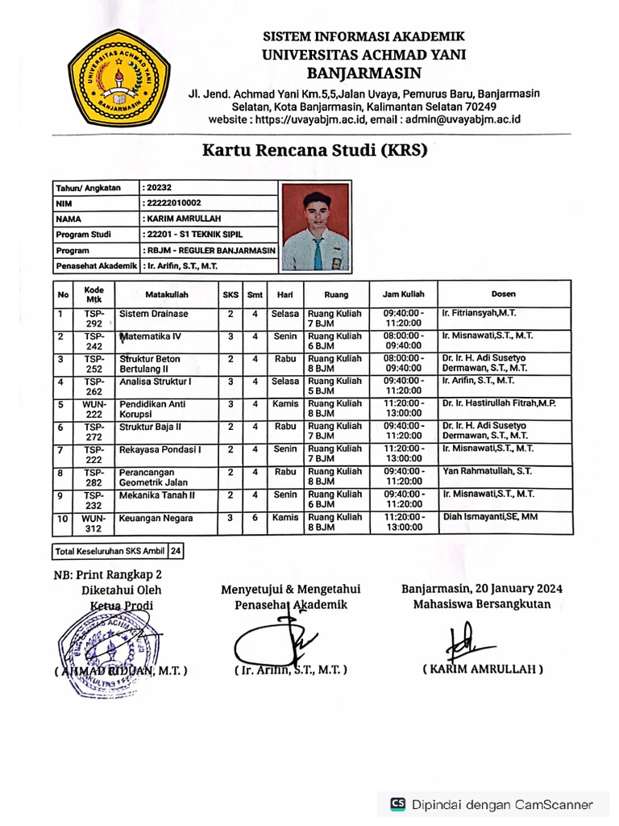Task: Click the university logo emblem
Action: point(121,81)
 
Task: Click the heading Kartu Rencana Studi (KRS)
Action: point(314,150)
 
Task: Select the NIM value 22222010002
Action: point(172,203)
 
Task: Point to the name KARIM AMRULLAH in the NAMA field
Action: point(182,219)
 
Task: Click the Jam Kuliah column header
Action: point(404,294)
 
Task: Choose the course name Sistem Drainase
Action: point(154,314)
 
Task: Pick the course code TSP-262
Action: point(94,386)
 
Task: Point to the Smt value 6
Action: point(255,518)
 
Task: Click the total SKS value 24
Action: point(175,552)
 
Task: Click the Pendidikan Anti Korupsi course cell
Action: point(152,409)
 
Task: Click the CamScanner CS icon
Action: point(397,803)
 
